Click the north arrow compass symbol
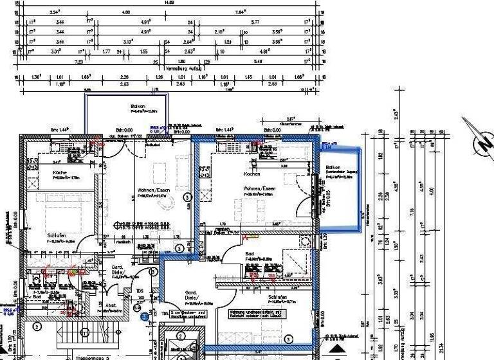pos(477,138)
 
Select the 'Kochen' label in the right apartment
pos(252,174)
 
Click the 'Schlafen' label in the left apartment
pos(57,235)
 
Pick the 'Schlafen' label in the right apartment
pos(279,298)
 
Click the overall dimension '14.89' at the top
pos(170,3)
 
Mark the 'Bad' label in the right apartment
pos(250,254)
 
